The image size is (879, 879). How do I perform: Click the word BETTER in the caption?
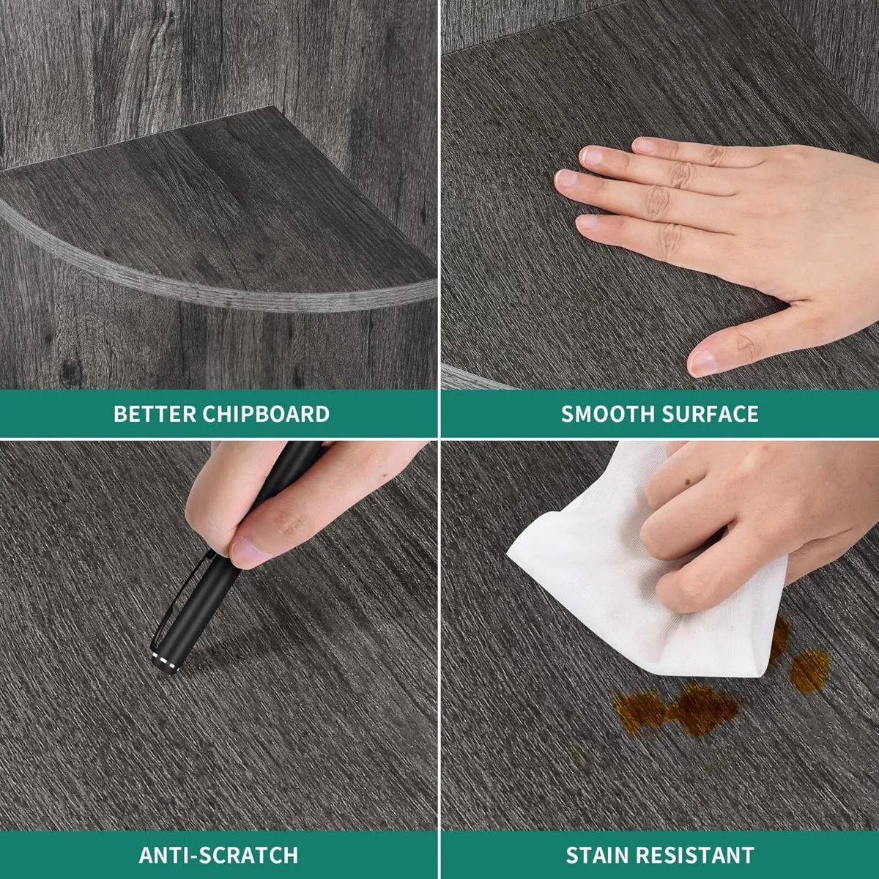[154, 414]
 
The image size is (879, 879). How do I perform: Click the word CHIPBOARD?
[266, 414]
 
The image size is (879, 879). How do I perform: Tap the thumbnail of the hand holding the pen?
[246, 552]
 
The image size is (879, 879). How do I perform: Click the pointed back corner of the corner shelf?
[274, 107]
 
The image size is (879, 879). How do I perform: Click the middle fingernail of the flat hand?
[566, 178]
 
